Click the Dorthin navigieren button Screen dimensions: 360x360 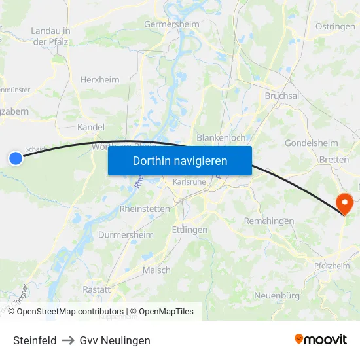(180, 160)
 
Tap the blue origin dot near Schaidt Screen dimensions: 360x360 (16, 158)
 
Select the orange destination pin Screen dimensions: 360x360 (344, 202)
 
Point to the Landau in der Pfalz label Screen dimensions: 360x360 (51, 35)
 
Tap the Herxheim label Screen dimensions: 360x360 (99, 79)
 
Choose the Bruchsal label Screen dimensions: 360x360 (282, 96)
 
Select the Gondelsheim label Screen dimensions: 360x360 (312, 143)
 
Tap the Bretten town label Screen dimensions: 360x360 (334, 160)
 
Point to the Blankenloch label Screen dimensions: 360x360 (221, 138)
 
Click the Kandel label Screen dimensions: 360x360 (91, 127)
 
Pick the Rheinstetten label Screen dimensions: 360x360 (145, 209)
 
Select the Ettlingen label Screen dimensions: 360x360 (189, 230)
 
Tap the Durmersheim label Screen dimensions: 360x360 (126, 234)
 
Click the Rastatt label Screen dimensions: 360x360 (97, 289)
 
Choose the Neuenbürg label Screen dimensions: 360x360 (277, 296)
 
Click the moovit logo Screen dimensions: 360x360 (321, 340)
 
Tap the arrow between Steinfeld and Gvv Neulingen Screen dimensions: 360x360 (68, 340)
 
